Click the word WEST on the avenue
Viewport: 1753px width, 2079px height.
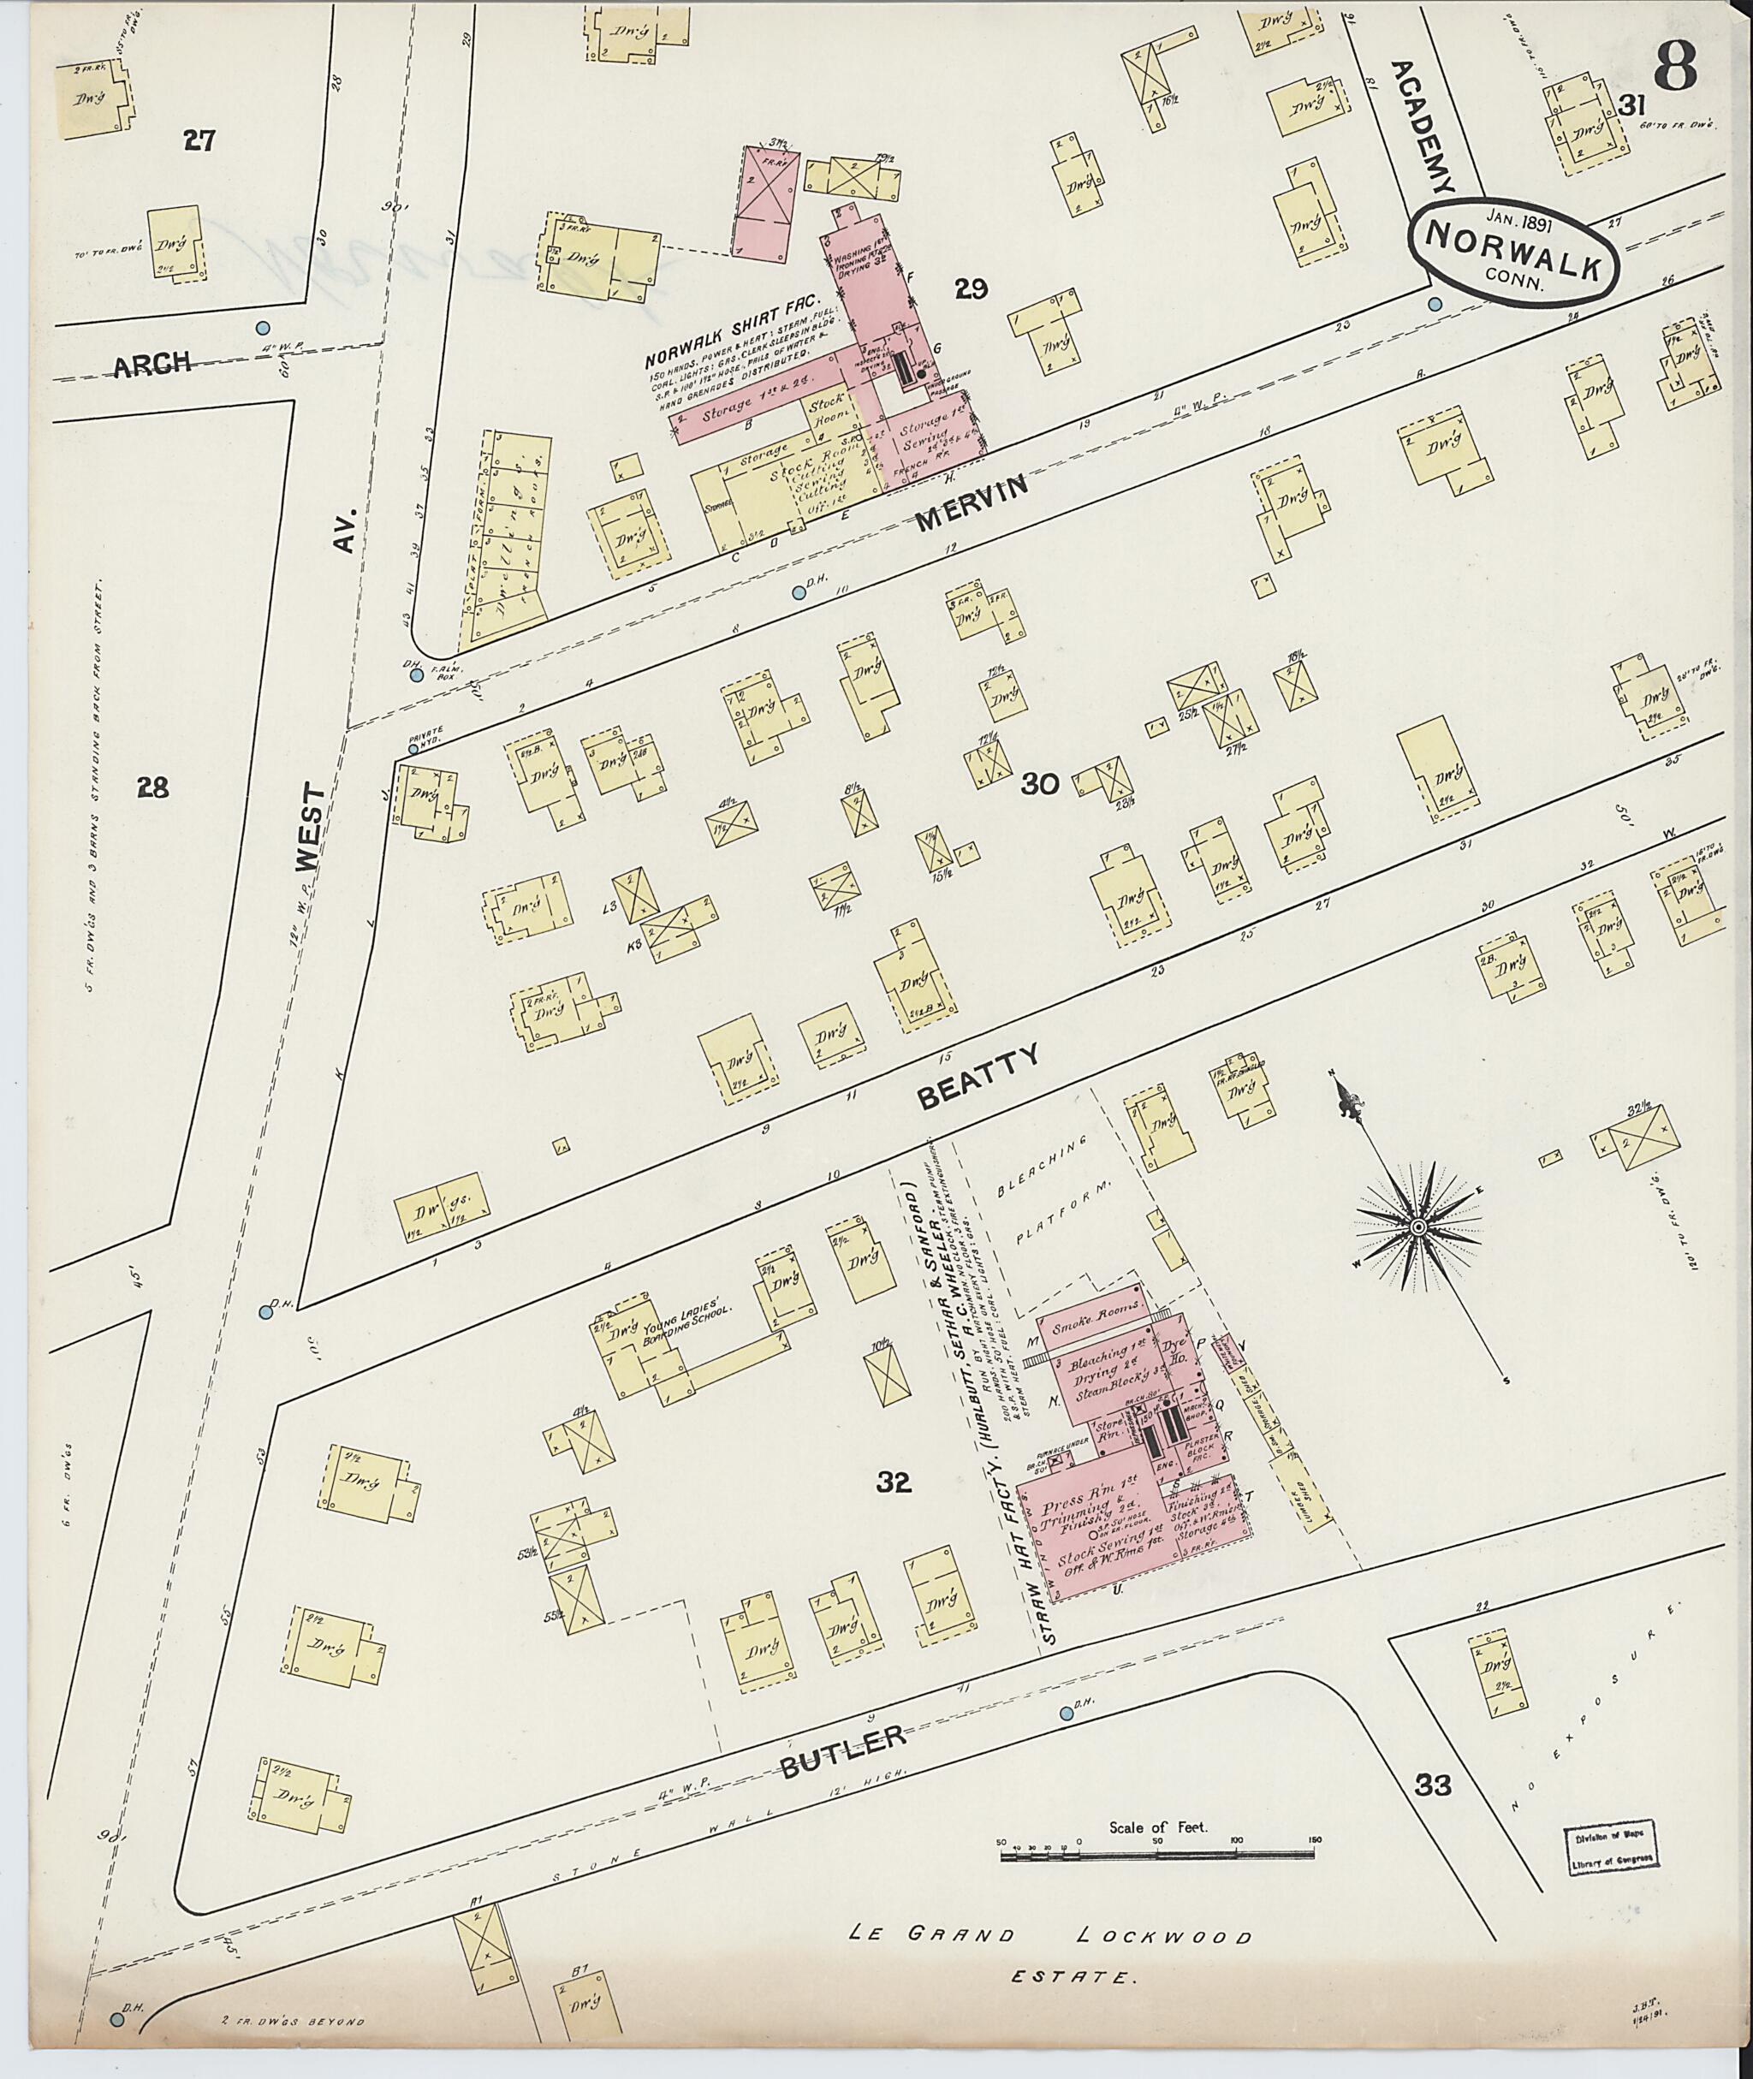coord(311,830)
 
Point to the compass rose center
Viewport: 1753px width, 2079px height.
coord(1417,1229)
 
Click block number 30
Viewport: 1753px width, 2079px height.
coord(1041,785)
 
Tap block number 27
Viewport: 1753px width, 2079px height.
coord(199,141)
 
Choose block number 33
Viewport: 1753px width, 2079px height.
coord(1433,1785)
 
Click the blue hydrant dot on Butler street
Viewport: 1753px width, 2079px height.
coord(1067,1714)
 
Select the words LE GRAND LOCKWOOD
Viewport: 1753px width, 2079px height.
coord(1049,1935)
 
